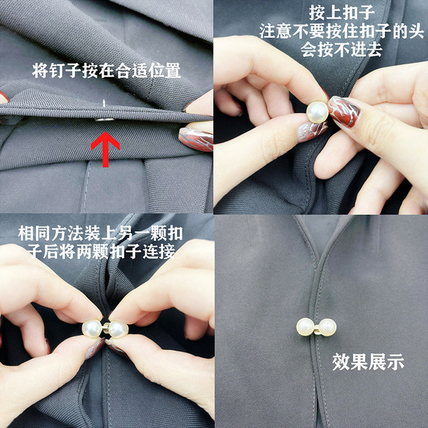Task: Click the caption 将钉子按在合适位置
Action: (x=106, y=71)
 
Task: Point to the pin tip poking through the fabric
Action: (x=106, y=102)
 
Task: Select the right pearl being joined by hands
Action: (x=118, y=330)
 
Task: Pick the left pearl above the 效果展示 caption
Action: (x=306, y=327)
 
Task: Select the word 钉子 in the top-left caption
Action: (x=61, y=71)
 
